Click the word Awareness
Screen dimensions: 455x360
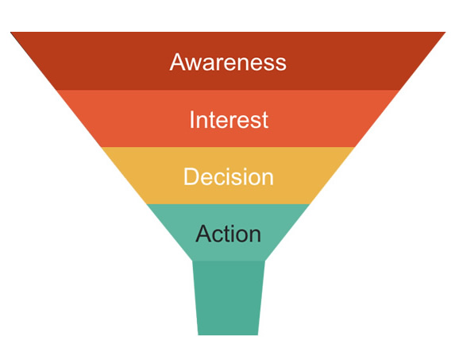click(x=228, y=62)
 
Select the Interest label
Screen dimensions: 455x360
click(x=229, y=119)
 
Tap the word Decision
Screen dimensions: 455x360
click(x=229, y=176)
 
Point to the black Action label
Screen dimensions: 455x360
click(x=229, y=234)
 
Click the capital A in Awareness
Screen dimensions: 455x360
click(x=179, y=61)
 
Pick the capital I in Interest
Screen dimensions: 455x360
click(x=191, y=119)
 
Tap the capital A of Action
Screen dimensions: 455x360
click(x=205, y=233)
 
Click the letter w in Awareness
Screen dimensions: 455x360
click(x=197, y=64)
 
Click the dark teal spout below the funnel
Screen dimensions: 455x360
click(x=229, y=297)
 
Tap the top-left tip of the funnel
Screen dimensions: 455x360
click(x=10, y=32)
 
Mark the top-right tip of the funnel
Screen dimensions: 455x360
click(x=445, y=32)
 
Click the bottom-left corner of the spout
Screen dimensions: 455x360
click(x=199, y=335)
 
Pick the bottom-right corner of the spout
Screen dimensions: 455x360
click(x=258, y=335)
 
